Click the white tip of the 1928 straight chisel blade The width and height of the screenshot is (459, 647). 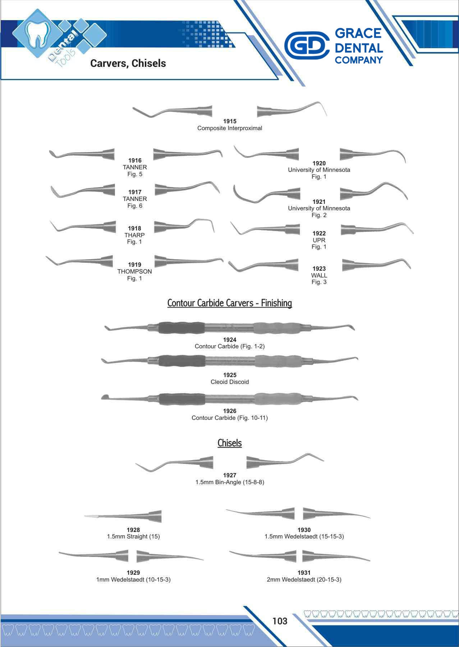coord(85,516)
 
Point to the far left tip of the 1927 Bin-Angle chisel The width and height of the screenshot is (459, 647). coord(136,464)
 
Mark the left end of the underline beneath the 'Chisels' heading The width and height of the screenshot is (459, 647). coord(218,448)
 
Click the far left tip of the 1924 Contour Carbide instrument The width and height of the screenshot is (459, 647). coord(105,327)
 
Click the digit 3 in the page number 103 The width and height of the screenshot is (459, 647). coord(285,621)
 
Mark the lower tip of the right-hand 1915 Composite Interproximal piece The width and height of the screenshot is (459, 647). coord(327,116)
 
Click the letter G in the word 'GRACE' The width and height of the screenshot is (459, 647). coord(340,33)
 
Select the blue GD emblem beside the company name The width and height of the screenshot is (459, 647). coord(307,45)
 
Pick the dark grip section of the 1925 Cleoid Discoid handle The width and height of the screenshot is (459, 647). coord(182,361)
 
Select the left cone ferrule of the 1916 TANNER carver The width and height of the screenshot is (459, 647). coord(109,154)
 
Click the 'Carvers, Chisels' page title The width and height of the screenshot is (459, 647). coord(128,63)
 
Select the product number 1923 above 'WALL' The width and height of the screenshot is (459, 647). coord(319,269)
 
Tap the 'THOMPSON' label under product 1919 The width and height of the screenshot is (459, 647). coord(134,271)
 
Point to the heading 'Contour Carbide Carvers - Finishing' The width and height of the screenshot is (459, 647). coord(230,303)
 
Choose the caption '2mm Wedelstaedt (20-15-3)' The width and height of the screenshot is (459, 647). coord(304,579)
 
